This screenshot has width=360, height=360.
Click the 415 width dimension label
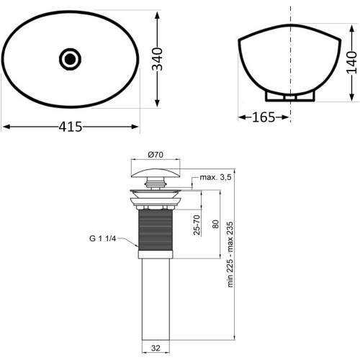(71, 127)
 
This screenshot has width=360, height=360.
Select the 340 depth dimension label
(158, 59)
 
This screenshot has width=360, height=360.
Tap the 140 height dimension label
(352, 63)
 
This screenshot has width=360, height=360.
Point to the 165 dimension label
(264, 117)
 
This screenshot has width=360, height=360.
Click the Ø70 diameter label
(156, 155)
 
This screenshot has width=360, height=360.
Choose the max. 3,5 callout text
(215, 177)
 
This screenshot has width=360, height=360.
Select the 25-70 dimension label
(197, 225)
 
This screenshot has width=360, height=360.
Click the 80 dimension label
(216, 224)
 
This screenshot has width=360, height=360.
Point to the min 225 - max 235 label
(230, 254)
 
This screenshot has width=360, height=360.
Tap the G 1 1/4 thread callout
(103, 238)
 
